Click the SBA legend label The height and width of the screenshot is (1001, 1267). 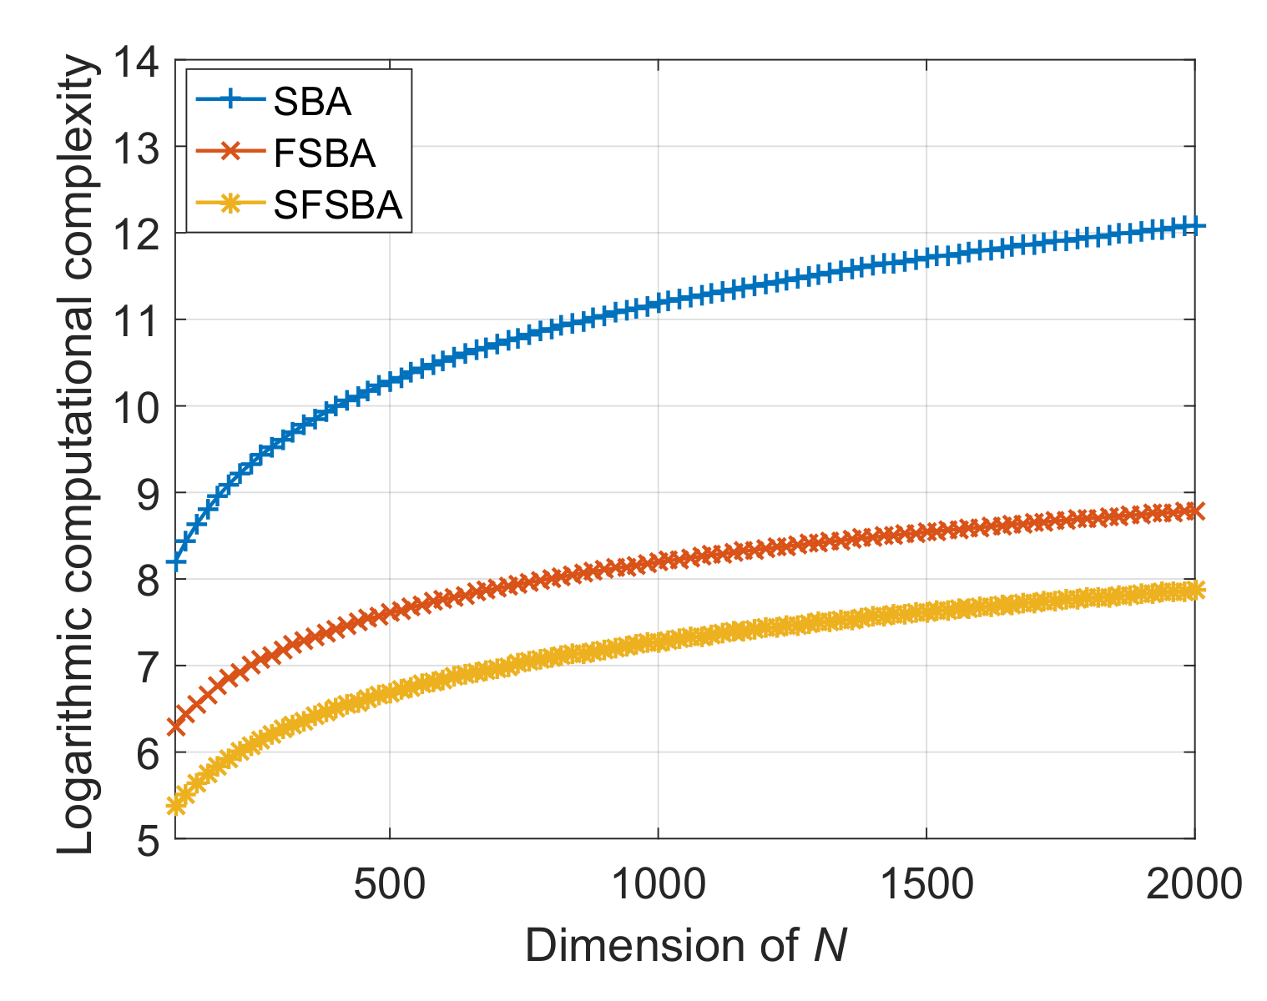312,102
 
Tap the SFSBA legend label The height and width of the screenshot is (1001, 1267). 338,204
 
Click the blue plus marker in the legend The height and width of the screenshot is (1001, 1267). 230,100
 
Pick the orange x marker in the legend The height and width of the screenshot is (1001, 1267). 230,152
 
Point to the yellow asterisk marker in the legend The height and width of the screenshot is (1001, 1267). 230,203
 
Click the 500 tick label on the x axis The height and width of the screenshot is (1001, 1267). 389,884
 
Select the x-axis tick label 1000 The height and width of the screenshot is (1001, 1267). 658,884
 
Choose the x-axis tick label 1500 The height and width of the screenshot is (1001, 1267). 926,884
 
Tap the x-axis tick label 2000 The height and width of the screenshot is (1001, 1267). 1194,884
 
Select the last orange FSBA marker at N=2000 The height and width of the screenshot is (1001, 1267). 1194,511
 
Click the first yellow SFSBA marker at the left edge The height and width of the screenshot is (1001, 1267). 176,805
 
